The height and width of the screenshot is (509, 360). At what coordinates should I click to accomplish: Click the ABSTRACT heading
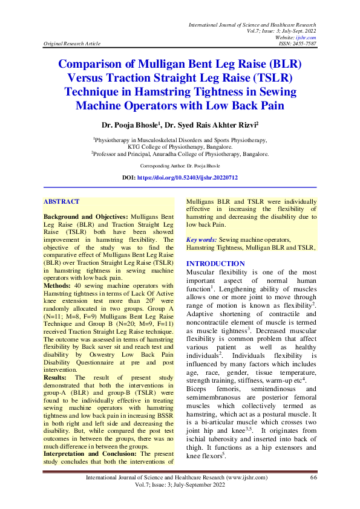point(62,201)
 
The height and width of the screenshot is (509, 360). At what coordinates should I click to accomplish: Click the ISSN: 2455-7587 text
point(295,44)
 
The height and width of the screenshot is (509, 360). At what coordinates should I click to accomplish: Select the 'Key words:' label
point(201,239)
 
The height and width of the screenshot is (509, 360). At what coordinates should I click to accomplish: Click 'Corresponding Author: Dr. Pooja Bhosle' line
point(180,165)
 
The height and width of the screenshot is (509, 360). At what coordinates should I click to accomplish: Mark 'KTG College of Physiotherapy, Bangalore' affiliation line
point(180,146)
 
